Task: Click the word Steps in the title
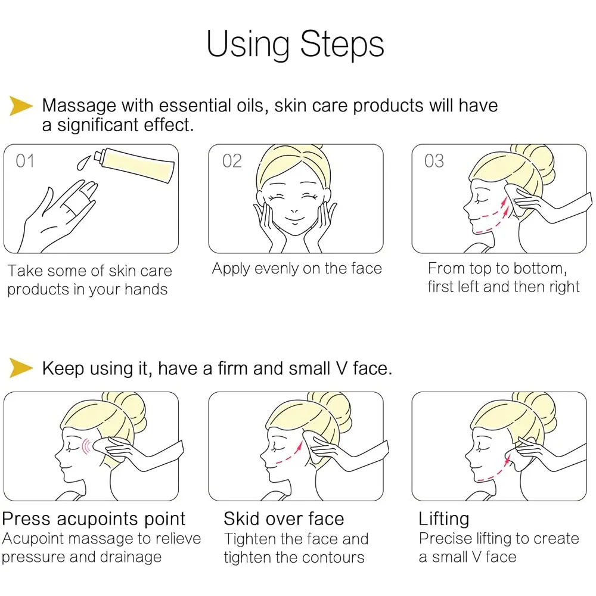(x=342, y=45)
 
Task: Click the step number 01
(x=25, y=161)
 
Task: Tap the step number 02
(x=232, y=161)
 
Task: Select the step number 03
(x=434, y=161)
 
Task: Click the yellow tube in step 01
(x=135, y=164)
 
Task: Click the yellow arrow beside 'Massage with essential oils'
(x=21, y=105)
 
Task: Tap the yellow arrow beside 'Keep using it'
(x=21, y=368)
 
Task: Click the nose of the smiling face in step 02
(x=294, y=210)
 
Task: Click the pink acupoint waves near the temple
(x=86, y=446)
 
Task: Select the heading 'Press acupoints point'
(x=94, y=519)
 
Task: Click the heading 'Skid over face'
(x=284, y=519)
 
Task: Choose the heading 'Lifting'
(x=444, y=520)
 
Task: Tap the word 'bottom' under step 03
(x=540, y=269)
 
